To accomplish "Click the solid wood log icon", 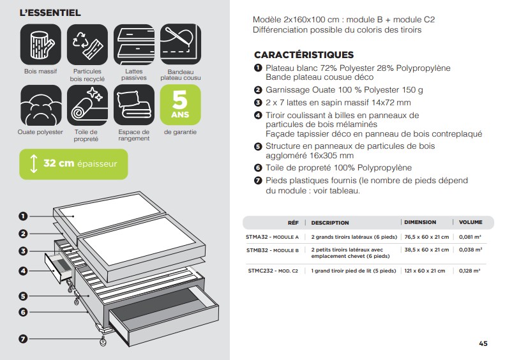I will (x=41, y=44).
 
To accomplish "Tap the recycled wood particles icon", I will (x=87, y=44).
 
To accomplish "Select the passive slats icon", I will (x=134, y=44).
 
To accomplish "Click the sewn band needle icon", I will (x=181, y=44).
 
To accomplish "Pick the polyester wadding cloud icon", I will (x=41, y=105).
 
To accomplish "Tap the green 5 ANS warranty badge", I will (x=181, y=105).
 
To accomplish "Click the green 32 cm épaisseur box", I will (x=73, y=163).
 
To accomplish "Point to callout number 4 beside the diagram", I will (x=24, y=271).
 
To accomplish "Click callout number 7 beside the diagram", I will (x=24, y=339).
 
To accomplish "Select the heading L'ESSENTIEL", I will (x=50, y=13).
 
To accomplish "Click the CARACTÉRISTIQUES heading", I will (x=303, y=55).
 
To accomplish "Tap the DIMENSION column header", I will (x=420, y=222).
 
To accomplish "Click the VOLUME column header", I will (x=471, y=222).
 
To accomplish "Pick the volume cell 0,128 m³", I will (x=470, y=271).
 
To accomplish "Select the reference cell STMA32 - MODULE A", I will (x=272, y=237).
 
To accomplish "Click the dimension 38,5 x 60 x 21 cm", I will (x=426, y=250).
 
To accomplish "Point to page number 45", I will (x=483, y=343).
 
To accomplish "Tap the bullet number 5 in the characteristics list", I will (x=258, y=146).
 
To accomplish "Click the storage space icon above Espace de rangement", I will (x=134, y=105).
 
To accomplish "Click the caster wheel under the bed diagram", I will (x=102, y=342).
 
